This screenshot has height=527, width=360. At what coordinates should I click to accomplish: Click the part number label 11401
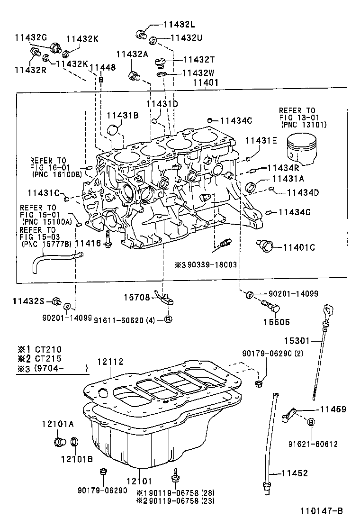point(205,82)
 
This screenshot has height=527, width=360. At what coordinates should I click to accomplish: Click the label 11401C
point(299,247)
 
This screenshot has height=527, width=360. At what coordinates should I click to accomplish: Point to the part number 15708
point(137,298)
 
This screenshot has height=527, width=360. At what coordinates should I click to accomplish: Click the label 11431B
point(122,115)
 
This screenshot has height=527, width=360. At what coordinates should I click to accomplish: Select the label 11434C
point(236,120)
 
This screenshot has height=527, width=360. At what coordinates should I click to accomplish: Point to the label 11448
point(102,68)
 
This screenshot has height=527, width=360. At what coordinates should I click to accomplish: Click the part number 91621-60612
point(313,444)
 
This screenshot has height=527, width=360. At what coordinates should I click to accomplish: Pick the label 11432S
point(28,300)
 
